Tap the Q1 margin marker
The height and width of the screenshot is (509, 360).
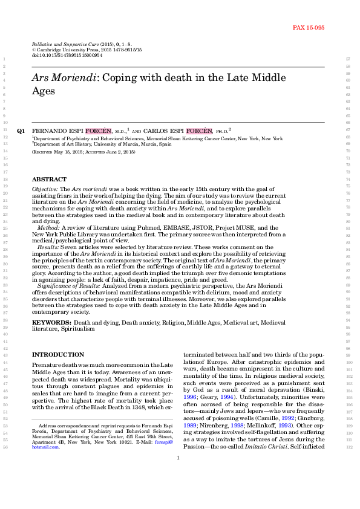pos(21,131)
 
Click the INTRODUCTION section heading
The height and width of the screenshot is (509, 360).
pos(57,354)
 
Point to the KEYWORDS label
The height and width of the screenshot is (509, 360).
pos(51,323)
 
